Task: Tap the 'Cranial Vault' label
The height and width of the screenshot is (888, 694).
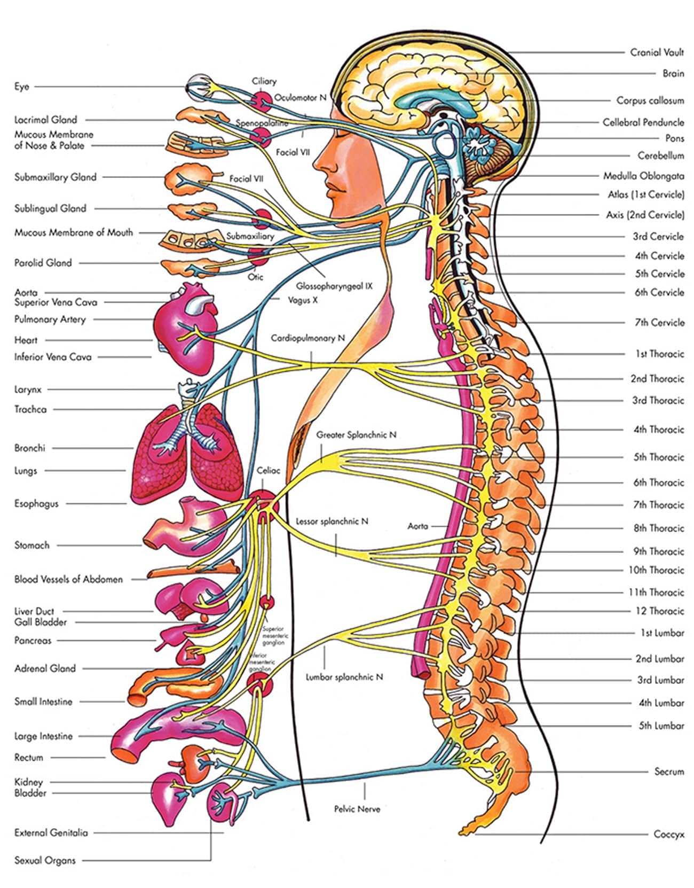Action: pos(657,52)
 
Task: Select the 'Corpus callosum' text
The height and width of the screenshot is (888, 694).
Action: pos(650,100)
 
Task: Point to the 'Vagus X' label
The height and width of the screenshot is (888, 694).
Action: pos(303,300)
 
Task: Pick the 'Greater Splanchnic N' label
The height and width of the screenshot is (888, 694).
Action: pos(357,435)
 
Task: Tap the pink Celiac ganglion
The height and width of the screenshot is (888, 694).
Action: pos(264,505)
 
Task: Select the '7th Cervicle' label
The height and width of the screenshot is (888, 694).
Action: pos(659,322)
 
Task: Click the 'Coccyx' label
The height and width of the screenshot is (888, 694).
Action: pos(669,834)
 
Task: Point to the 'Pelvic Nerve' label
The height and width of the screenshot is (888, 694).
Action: pos(357,809)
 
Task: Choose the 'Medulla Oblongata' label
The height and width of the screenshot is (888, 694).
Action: pos(644,176)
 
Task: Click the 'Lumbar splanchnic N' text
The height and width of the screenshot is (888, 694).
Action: pos(344,677)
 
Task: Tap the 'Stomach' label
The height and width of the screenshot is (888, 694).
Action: pos(32,545)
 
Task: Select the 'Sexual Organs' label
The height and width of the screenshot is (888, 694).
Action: pos(45,860)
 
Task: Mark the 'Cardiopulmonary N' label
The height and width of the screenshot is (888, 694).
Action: pos(308,338)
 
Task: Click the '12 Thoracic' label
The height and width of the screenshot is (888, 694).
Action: pos(659,611)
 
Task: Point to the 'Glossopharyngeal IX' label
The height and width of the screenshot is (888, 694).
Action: pos(334,286)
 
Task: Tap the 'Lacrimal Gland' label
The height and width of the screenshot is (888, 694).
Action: pos(46,120)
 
